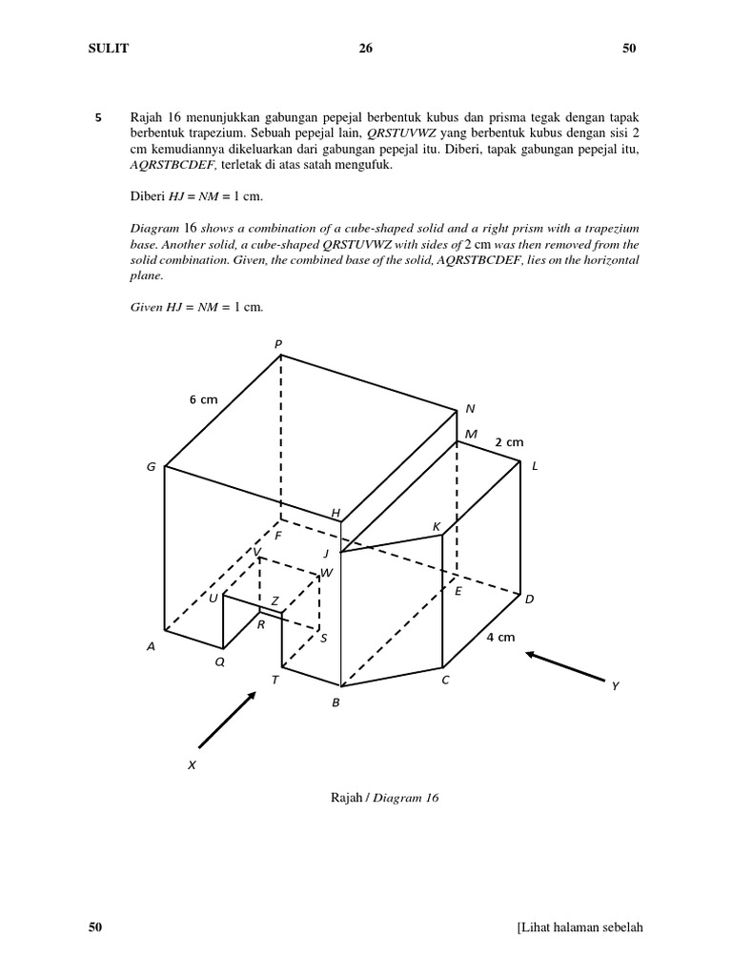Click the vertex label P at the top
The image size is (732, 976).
click(x=279, y=344)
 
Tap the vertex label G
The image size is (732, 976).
click(x=151, y=467)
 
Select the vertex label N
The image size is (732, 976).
click(x=469, y=409)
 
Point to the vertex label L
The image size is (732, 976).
click(x=535, y=465)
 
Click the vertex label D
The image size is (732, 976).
click(x=530, y=599)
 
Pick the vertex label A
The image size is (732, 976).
click(x=151, y=646)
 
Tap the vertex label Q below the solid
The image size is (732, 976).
click(x=220, y=661)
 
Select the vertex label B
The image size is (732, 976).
click(x=335, y=702)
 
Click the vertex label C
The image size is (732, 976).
click(x=444, y=681)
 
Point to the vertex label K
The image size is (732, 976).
click(x=437, y=527)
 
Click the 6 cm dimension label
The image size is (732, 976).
click(x=203, y=400)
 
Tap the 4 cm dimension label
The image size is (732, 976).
click(x=500, y=637)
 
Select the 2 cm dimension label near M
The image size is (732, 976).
click(x=509, y=442)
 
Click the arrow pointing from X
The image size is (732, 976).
click(x=227, y=720)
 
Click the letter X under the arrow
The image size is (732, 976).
click(x=192, y=764)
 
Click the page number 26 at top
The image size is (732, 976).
click(x=365, y=49)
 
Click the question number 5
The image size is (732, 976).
click(x=98, y=118)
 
